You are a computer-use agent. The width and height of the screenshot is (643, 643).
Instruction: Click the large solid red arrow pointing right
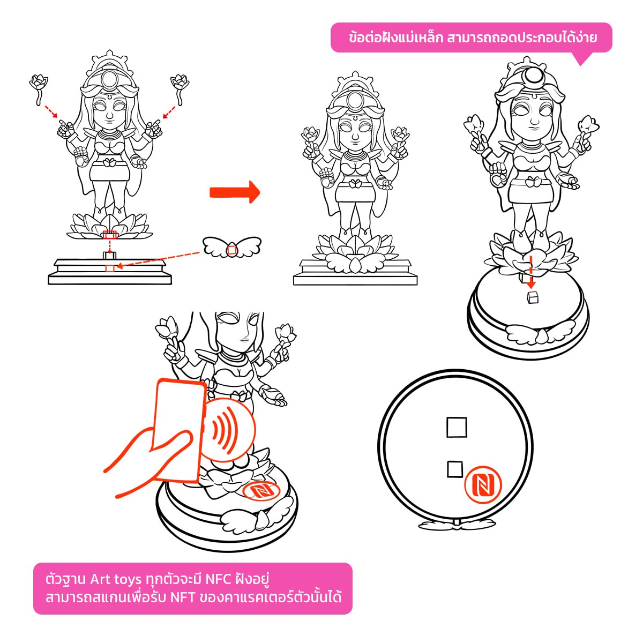tap(234, 192)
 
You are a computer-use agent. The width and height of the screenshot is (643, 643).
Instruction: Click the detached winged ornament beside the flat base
tap(231, 248)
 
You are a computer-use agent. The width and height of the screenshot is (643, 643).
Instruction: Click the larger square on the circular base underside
tap(457, 428)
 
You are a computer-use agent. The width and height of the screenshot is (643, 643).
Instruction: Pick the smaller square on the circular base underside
tap(455, 469)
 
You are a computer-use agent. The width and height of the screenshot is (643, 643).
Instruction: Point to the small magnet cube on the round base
tap(533, 297)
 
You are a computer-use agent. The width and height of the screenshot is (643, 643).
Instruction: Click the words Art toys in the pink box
tap(116, 579)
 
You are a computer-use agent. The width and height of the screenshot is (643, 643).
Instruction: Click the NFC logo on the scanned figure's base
tap(259, 490)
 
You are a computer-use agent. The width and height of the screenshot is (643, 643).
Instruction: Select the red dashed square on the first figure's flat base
tap(110, 267)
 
